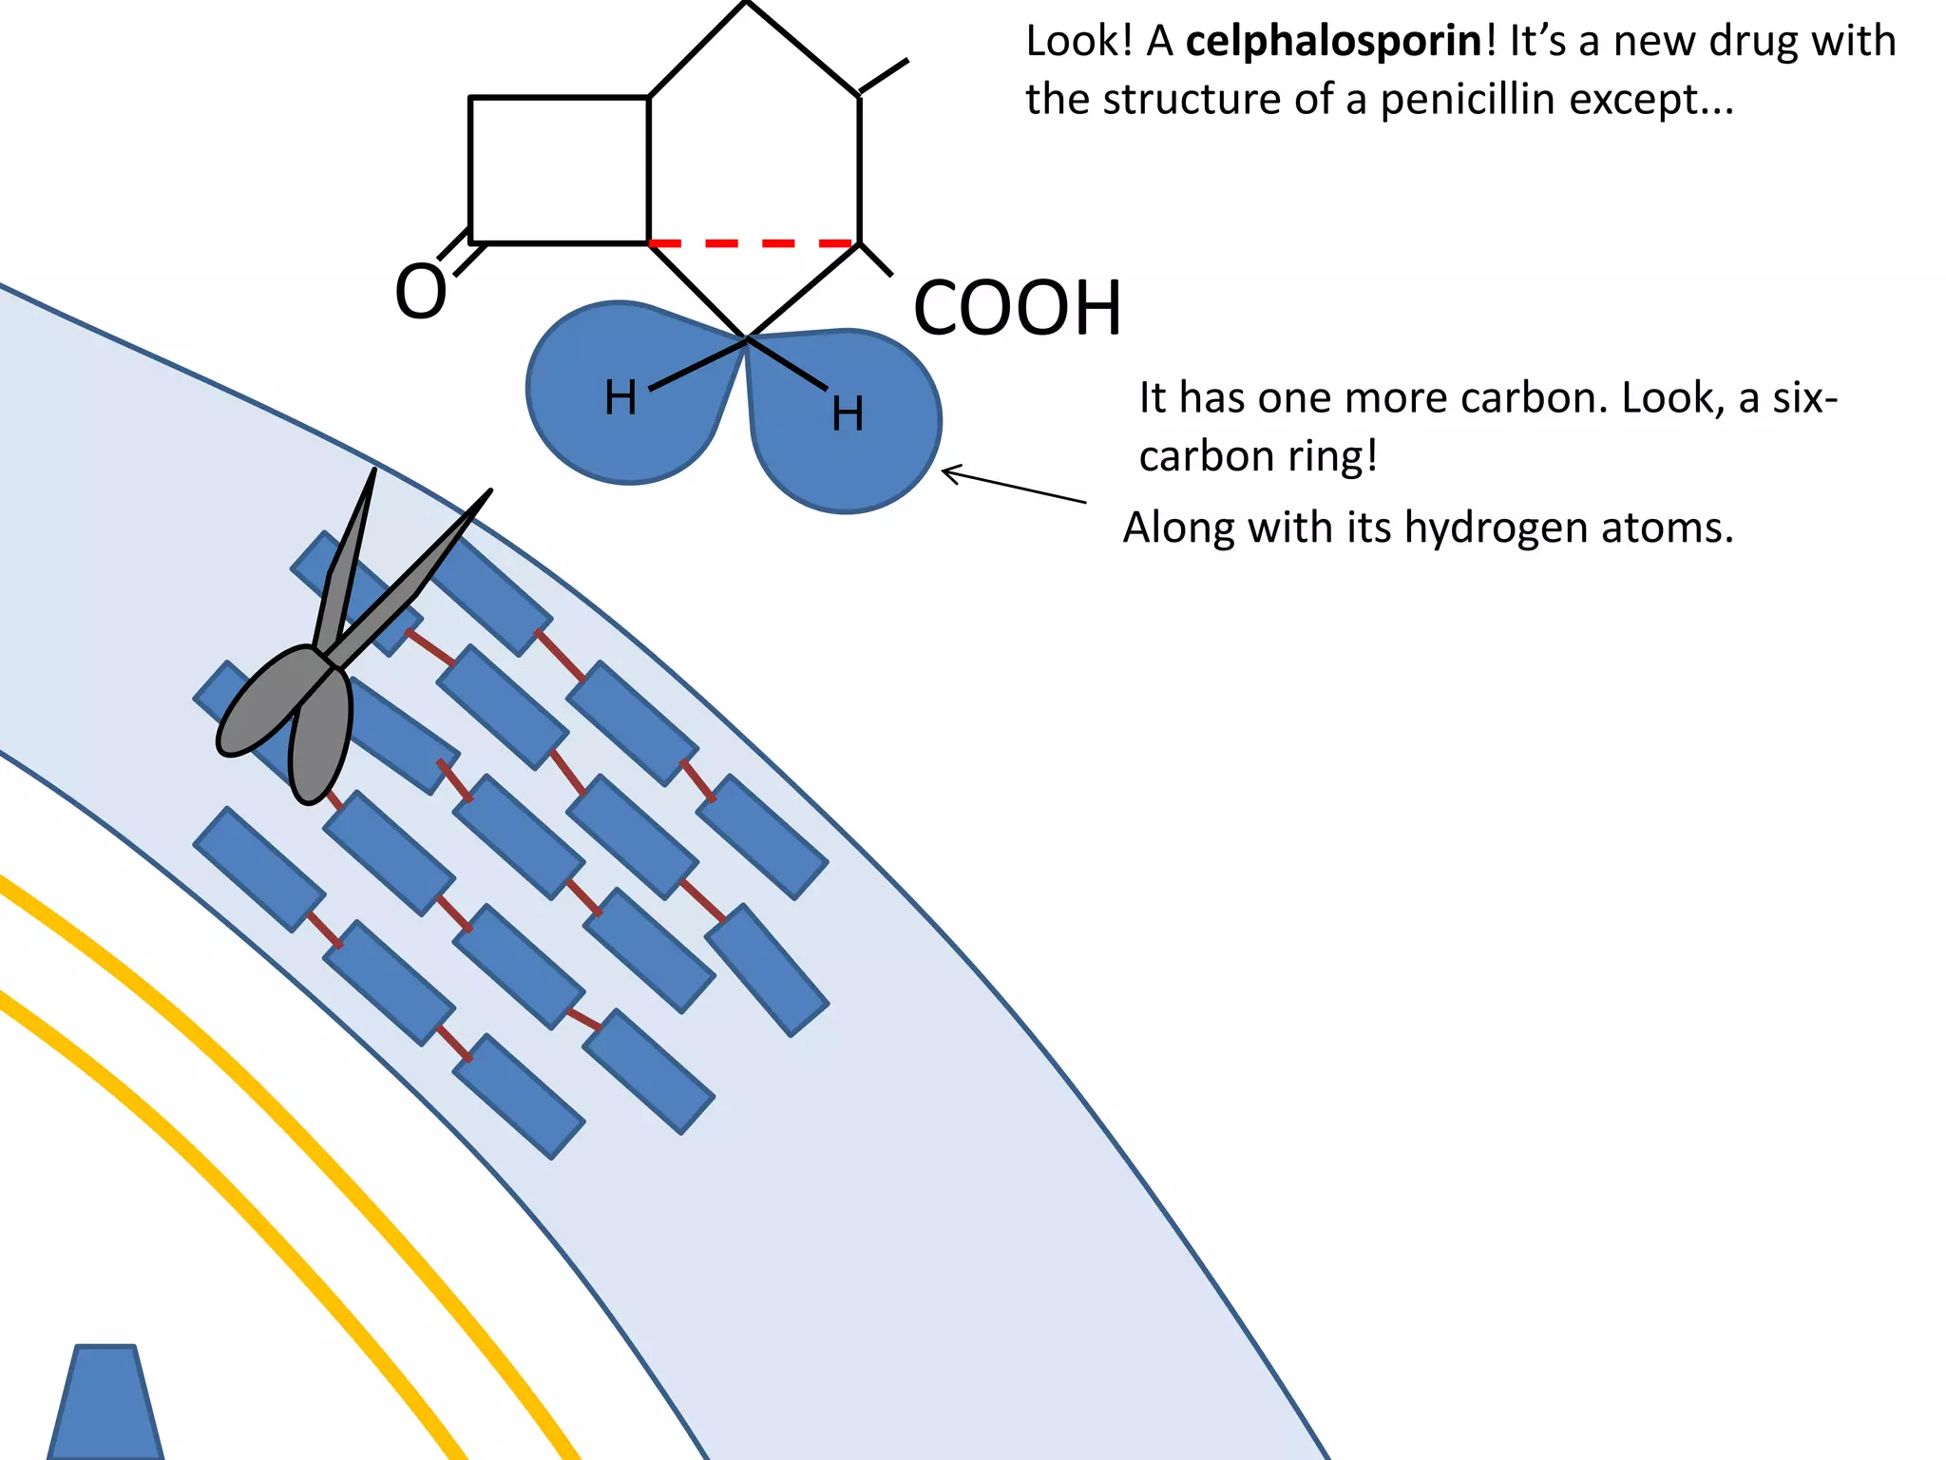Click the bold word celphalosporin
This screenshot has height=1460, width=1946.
point(1333,42)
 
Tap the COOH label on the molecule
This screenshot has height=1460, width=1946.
point(1017,309)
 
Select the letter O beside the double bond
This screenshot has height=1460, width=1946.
point(421,292)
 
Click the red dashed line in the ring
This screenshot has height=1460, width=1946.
point(754,244)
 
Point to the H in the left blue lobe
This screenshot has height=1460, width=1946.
point(620,397)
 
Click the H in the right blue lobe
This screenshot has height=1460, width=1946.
point(848,414)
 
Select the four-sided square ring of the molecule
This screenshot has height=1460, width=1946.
point(560,170)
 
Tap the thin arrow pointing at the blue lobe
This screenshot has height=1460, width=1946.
point(1013,486)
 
